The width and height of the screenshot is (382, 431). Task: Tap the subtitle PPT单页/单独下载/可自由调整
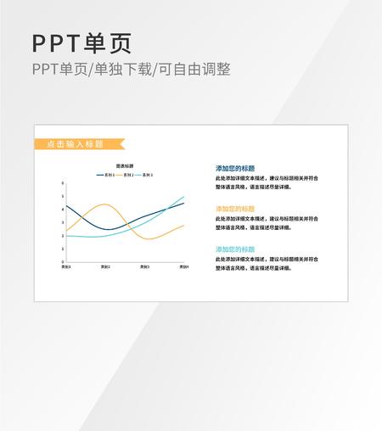tap(131, 70)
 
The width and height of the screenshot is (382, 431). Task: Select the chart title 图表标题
tap(125, 166)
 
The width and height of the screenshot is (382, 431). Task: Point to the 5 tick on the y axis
tap(62, 196)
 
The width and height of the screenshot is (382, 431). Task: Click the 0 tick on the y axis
tap(62, 263)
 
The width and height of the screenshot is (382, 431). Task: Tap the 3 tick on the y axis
tap(62, 223)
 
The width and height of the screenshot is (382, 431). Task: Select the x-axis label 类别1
tap(66, 268)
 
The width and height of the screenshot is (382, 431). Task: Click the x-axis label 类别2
tap(105, 268)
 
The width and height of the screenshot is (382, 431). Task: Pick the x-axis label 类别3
tap(144, 268)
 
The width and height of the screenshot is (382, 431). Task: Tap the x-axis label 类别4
tap(183, 268)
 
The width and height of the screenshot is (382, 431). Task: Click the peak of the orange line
tap(105, 204)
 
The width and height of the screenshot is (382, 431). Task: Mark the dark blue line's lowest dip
tap(108, 230)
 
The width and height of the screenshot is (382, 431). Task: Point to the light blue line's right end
tap(183, 197)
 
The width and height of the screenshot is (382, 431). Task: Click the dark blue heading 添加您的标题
tap(235, 169)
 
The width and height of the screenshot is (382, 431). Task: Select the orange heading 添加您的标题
tap(235, 209)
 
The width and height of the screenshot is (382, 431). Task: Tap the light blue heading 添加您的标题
tap(235, 249)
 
